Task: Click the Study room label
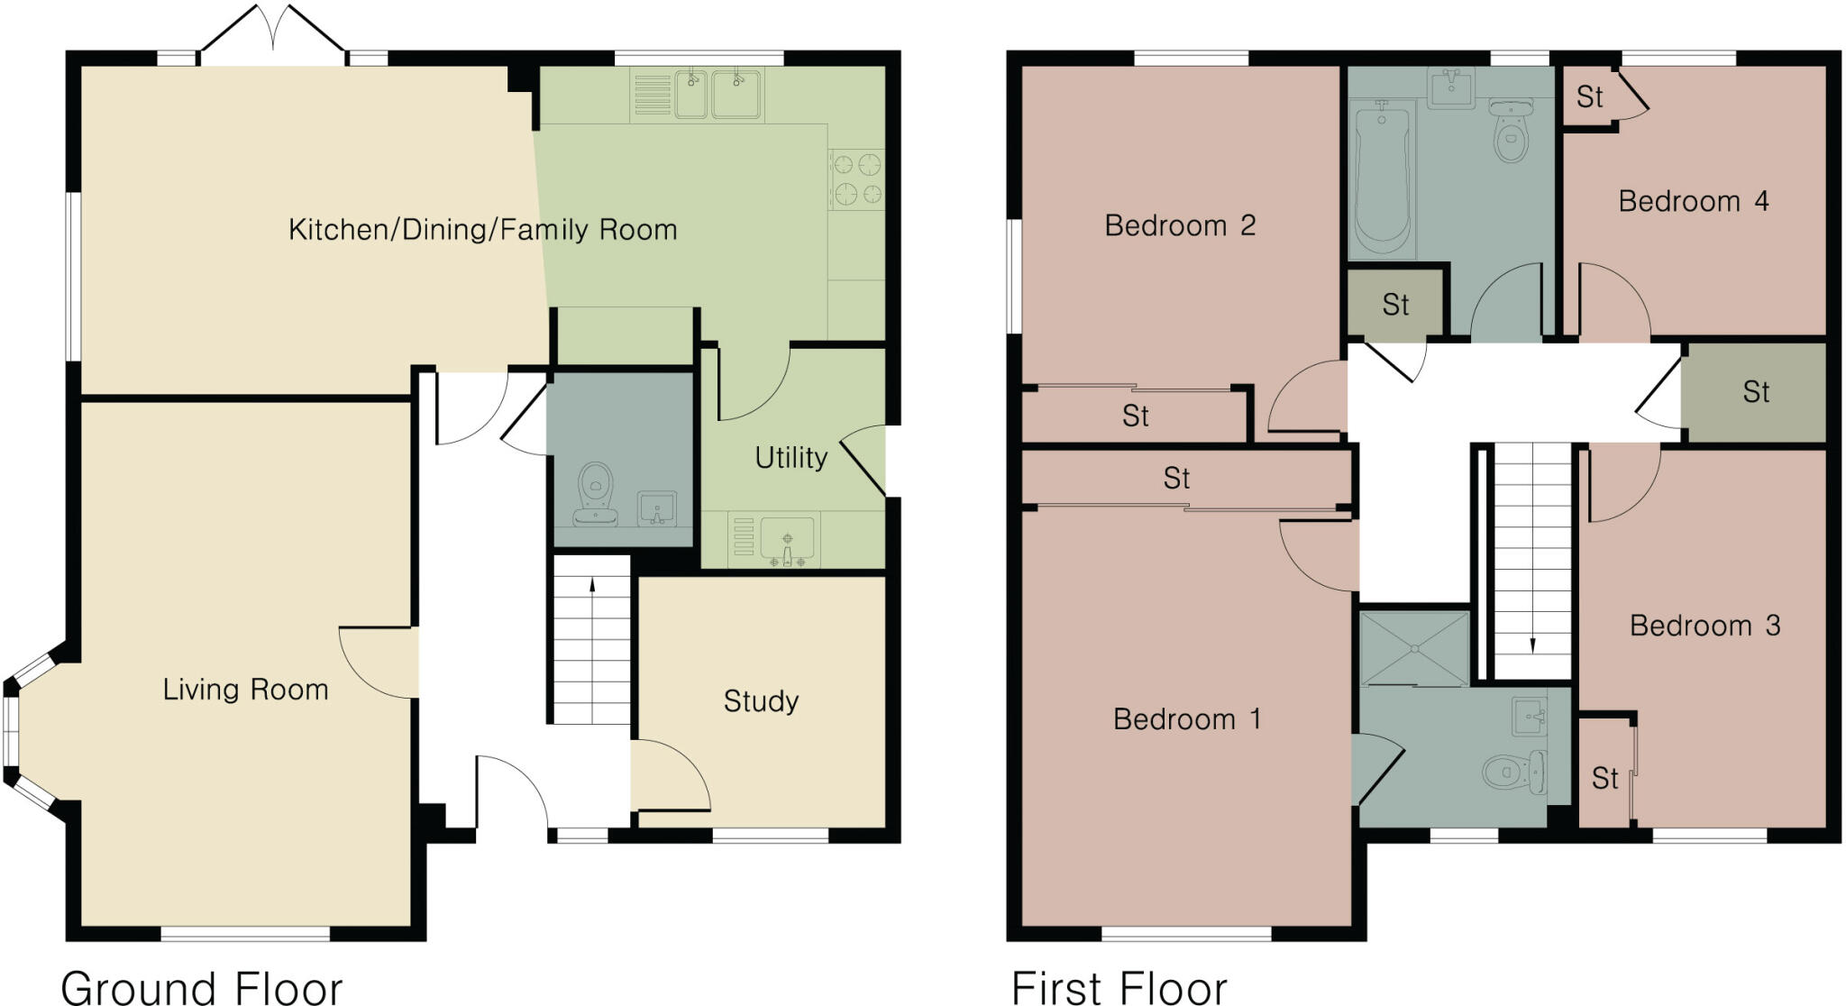coord(761,701)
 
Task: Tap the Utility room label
coord(790,458)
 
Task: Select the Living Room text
coord(245,690)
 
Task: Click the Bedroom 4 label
coord(1693,201)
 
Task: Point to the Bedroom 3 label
coord(1704,626)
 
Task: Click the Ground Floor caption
coord(202,987)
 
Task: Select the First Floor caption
coord(1119,987)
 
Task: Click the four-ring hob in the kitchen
coord(856,178)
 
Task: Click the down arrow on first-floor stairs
coord(1532,645)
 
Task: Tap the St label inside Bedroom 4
coord(1589,97)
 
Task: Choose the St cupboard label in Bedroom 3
coord(1604,778)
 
